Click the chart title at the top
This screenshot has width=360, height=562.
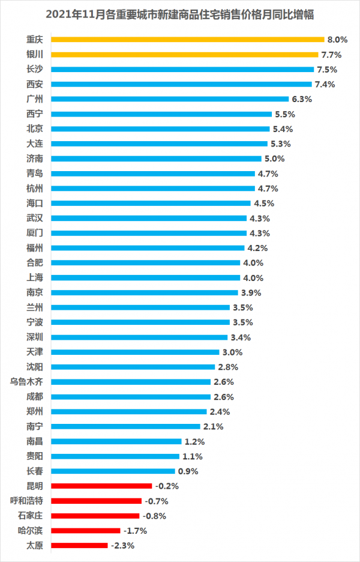pyautogui.click(x=180, y=13)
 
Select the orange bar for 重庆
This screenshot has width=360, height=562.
pyautogui.click(x=188, y=40)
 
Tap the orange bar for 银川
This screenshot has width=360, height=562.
pyautogui.click(x=185, y=55)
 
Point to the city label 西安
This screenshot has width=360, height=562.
pyautogui.click(x=35, y=84)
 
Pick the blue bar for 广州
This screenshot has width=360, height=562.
pyautogui.click(x=170, y=99)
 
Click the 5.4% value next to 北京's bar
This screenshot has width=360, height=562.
pyautogui.click(x=283, y=128)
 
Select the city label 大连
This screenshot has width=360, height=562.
pyautogui.click(x=35, y=144)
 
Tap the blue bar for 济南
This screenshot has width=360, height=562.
pyautogui.click(x=157, y=159)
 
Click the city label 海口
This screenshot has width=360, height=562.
pyautogui.click(x=35, y=203)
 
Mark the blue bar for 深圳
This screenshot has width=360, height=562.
pyautogui.click(x=139, y=337)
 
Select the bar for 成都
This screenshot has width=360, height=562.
pyautogui.click(x=131, y=396)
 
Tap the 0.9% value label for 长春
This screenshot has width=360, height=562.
pyautogui.click(x=188, y=471)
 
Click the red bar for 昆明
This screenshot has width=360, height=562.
pyautogui.click(x=101, y=486)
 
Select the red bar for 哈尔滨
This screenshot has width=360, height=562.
pyautogui.click(x=85, y=530)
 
